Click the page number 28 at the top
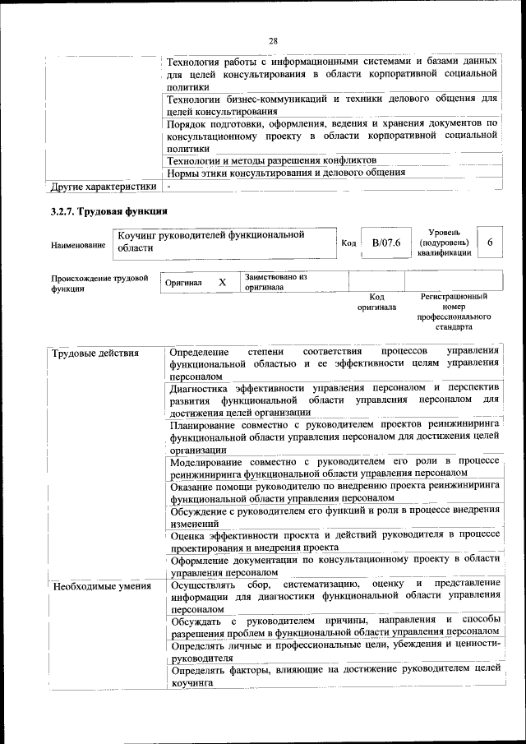[x=274, y=40]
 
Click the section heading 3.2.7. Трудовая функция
[x=108, y=211]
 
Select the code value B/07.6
[x=385, y=243]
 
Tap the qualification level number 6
[x=490, y=243]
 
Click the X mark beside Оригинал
[x=222, y=282]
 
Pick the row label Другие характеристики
[x=104, y=186]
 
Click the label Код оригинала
[x=377, y=302]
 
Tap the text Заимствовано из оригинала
[x=275, y=282]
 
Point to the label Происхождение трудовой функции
[x=99, y=284]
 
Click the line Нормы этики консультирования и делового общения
[x=285, y=173]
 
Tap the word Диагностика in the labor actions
[x=197, y=386]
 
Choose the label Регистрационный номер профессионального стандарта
[x=454, y=311]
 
